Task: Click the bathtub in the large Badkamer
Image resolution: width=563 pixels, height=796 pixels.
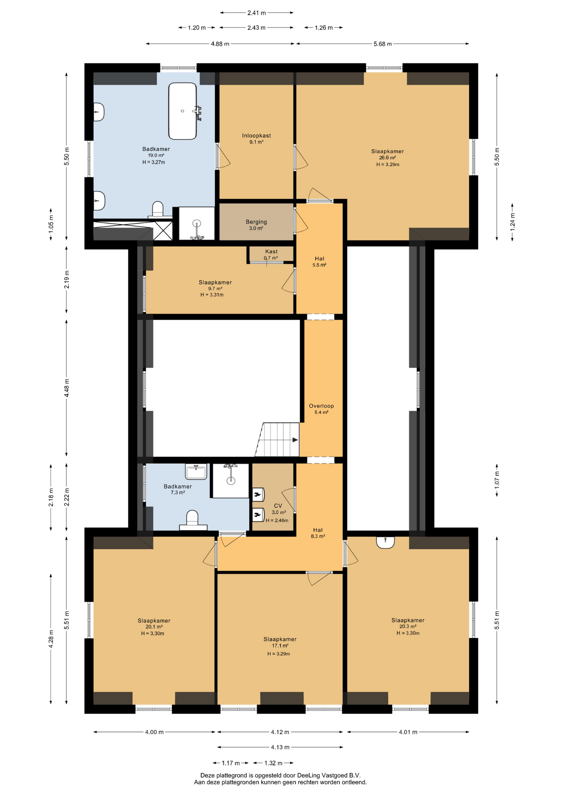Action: [x=182, y=111]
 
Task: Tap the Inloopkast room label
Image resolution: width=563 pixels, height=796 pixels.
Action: [x=257, y=136]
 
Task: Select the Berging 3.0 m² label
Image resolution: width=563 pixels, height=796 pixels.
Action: [x=256, y=225]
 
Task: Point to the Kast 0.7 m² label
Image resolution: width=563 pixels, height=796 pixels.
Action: [x=271, y=255]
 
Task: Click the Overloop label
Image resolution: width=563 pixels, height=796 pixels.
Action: [x=321, y=406]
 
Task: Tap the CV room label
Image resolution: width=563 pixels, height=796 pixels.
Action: [x=278, y=506]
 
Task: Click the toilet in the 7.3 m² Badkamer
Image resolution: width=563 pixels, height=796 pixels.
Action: [x=192, y=520]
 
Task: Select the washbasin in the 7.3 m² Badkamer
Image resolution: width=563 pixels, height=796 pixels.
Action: [x=196, y=471]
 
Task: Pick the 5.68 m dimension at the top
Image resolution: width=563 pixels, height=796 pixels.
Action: [x=382, y=44]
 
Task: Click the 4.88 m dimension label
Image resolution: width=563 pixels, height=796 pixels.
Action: [x=220, y=44]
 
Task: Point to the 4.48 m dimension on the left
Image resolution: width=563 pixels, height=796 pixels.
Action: [x=67, y=388]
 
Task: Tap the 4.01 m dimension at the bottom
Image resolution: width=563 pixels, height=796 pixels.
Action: [x=408, y=732]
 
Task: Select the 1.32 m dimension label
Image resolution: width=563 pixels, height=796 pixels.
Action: [x=273, y=763]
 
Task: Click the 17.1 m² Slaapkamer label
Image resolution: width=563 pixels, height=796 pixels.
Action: [x=280, y=642]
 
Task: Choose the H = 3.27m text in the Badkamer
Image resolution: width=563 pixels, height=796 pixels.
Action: [x=154, y=162]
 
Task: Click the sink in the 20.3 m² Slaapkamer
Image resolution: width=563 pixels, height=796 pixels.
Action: [x=386, y=542]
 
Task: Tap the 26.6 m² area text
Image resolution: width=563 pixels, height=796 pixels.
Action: [x=388, y=158]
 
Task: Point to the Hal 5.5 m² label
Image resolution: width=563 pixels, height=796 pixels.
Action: [x=319, y=262]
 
